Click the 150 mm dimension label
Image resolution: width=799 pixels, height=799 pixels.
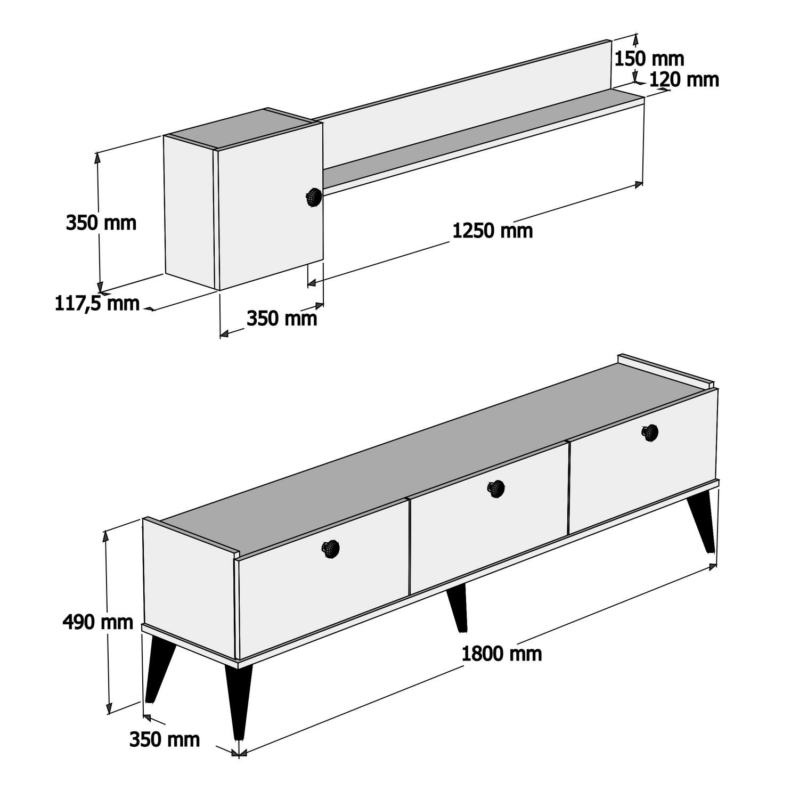[x=649, y=59]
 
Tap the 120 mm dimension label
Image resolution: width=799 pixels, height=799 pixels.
[x=684, y=79]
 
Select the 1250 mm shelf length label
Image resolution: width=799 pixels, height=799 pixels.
[x=492, y=231]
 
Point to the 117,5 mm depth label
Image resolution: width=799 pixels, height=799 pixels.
[x=97, y=304]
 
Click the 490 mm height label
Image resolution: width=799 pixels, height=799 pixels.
[x=97, y=622]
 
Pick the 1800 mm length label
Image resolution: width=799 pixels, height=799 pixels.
[x=501, y=654]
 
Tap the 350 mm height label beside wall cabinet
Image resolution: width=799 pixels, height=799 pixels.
[x=101, y=223]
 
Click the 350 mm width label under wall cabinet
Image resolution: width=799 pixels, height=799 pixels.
[x=282, y=319]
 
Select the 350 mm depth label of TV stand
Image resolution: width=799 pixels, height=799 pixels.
[x=165, y=739]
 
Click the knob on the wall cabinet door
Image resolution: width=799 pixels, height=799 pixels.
[x=313, y=197]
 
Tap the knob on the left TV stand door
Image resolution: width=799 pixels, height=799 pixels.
[x=331, y=548]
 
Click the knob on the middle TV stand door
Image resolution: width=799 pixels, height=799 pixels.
[x=496, y=488]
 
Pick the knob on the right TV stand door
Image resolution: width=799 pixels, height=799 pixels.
[x=650, y=432]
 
